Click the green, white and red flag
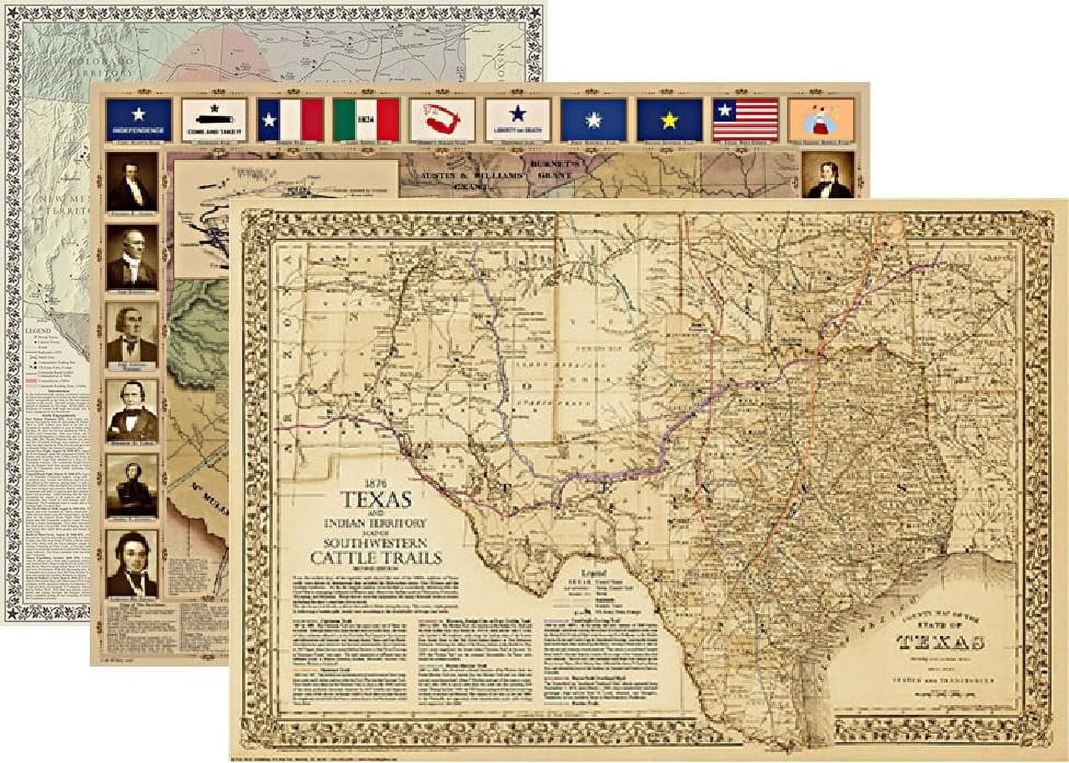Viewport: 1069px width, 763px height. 366,119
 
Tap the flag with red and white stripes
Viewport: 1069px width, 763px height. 745,119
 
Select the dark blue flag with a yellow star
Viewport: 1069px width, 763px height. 669,119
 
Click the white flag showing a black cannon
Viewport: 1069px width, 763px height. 214,119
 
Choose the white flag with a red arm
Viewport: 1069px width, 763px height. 441,119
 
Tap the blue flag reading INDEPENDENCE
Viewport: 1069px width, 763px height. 139,119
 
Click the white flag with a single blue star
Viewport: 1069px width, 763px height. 518,119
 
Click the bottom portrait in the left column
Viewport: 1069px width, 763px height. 132,563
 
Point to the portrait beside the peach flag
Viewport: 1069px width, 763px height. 827,175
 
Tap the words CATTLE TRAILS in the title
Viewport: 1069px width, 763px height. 376,558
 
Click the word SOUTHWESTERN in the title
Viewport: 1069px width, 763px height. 376,544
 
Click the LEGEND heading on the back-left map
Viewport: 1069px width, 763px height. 38,331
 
